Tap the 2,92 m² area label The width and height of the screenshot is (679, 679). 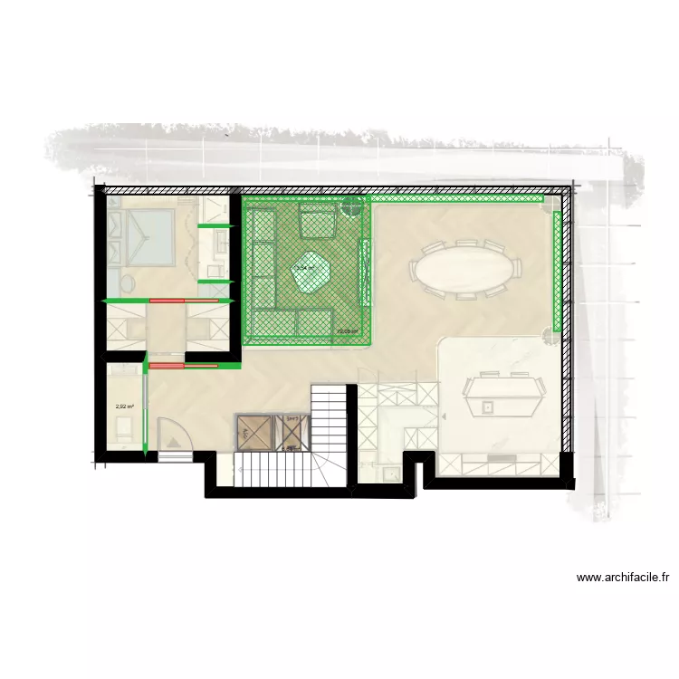[x=124, y=406]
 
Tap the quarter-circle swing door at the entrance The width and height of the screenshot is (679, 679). [x=172, y=435]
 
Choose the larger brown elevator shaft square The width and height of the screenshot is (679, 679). [x=253, y=433]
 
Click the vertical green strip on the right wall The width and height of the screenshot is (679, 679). [x=554, y=270]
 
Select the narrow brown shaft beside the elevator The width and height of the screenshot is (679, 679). [x=292, y=433]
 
